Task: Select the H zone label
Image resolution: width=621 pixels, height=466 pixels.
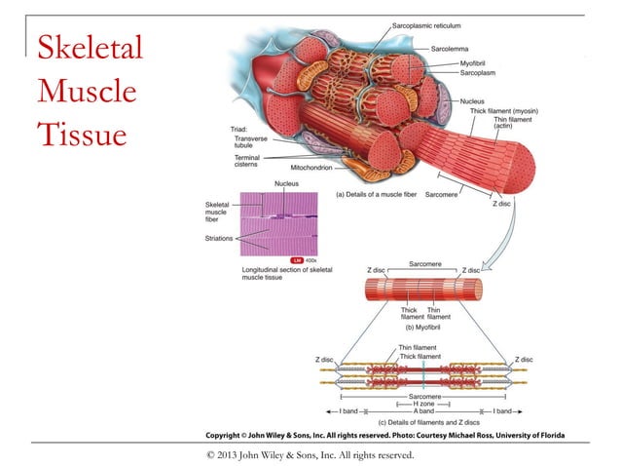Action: tap(423, 404)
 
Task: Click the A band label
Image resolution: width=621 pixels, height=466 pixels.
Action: tap(423, 412)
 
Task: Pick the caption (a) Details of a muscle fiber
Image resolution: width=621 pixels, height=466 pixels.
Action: tap(377, 195)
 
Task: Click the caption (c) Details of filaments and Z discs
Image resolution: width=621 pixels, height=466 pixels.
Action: tap(425, 422)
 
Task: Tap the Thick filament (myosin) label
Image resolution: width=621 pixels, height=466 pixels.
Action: tap(504, 111)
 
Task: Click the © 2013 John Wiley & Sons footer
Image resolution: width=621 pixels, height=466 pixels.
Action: tap(310, 454)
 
